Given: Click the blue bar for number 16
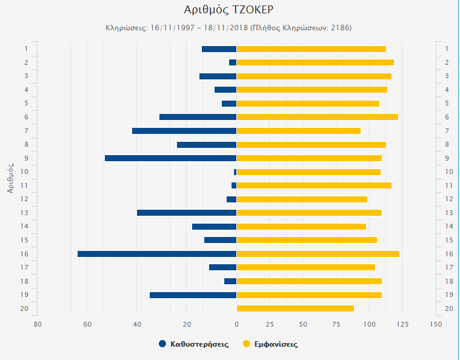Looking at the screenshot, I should point(156,254).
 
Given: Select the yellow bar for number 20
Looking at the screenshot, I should point(295,308).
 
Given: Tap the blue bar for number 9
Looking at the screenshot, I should point(170,158).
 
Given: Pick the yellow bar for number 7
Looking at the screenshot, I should point(298,131).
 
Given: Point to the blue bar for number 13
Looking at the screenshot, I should point(186,213).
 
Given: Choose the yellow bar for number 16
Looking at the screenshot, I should point(318,254).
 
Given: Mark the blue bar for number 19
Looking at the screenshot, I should point(193,295).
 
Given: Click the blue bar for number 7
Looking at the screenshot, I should point(184,131).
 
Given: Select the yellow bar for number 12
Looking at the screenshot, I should point(302,199).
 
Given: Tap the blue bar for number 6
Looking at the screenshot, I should point(198,117).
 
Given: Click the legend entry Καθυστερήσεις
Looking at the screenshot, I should point(199,344).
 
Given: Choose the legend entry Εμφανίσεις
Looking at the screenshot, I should point(276,344).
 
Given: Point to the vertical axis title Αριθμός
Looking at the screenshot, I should point(11,178).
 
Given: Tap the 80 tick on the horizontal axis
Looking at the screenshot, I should point(38,324).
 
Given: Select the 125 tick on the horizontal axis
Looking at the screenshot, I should point(402,324).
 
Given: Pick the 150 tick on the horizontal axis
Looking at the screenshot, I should point(435,324).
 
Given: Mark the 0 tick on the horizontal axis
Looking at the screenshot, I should point(236,324).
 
